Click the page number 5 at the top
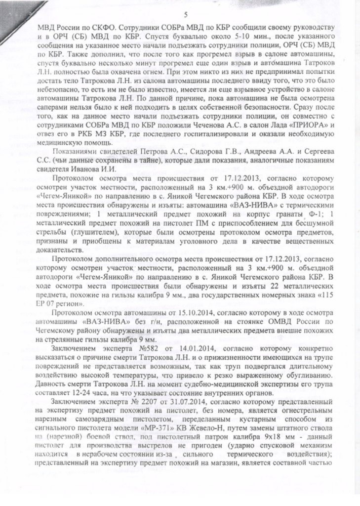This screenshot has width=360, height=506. [185, 15]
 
